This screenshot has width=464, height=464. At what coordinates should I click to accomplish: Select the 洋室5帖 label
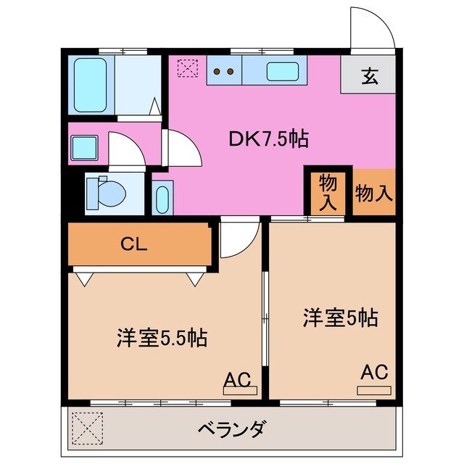click(x=340, y=318)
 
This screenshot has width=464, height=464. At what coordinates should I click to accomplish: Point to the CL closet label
click(x=134, y=244)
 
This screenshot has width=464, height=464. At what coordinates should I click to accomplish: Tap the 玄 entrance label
click(x=370, y=75)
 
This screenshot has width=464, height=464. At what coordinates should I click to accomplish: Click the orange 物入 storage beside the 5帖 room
click(x=375, y=193)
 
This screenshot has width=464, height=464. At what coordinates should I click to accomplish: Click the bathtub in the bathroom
click(x=92, y=85)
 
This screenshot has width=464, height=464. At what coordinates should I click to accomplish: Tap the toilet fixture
click(x=107, y=192)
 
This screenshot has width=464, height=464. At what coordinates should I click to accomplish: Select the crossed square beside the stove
click(x=187, y=69)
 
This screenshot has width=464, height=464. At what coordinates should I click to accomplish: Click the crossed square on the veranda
click(x=87, y=428)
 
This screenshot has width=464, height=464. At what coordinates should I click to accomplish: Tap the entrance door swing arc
click(x=373, y=28)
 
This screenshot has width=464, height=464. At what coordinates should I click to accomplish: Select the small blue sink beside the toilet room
click(x=162, y=198)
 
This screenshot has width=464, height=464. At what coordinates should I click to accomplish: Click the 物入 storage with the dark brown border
click(x=328, y=192)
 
